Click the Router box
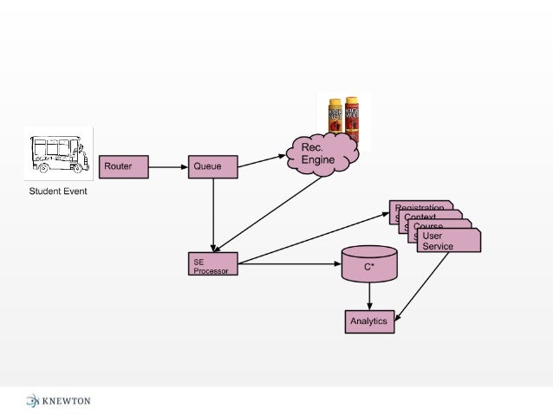[x=125, y=166]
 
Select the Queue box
[x=212, y=166]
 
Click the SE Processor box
[x=212, y=264]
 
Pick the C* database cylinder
[x=370, y=264]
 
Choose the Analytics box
[x=370, y=321]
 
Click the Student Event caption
[x=58, y=191]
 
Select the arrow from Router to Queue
[x=169, y=166]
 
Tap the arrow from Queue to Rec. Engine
[x=262, y=160]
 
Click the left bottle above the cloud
[x=335, y=117]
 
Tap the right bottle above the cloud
[x=352, y=117]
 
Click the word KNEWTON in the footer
[x=67, y=400]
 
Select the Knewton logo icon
[x=33, y=400]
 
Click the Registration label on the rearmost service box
[x=420, y=207]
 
